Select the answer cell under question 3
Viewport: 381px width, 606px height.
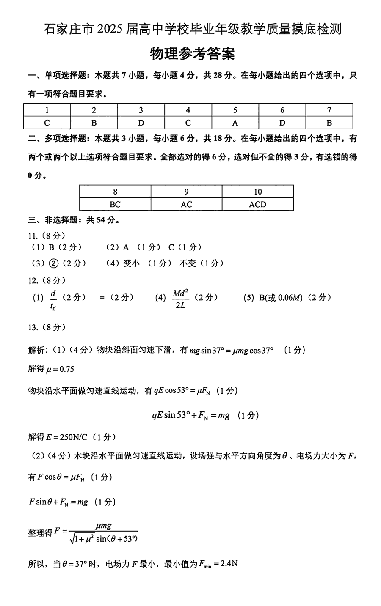pos(141,123)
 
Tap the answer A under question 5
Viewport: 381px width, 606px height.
pos(235,123)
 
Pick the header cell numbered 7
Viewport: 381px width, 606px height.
pos(329,110)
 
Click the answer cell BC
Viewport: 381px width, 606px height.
pos(115,204)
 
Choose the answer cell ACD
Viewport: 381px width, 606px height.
pos(257,204)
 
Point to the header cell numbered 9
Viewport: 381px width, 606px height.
pos(186,192)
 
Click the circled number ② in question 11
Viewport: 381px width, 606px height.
pos(53,263)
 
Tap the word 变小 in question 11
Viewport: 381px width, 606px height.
pos(131,263)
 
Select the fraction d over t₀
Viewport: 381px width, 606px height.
pos(53,300)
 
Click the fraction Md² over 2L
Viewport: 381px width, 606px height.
pos(181,299)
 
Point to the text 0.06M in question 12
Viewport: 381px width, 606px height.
pos(290,298)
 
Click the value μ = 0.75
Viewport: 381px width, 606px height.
pos(60,369)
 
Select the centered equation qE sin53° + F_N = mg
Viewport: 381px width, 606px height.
pos(190,415)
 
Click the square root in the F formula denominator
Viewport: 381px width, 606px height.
pos(80,539)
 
